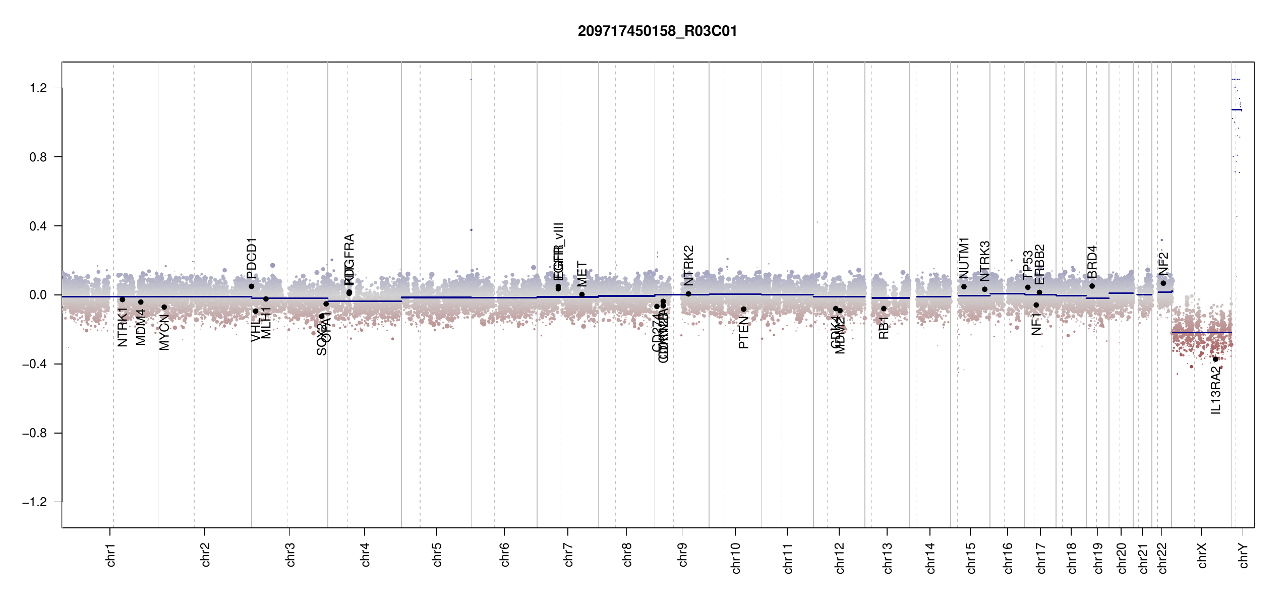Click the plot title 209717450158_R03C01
click(657, 31)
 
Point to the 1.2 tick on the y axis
click(38, 88)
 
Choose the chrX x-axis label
click(1202, 555)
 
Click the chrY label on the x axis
click(1244, 555)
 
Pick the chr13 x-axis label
click(888, 558)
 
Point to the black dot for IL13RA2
click(1215, 359)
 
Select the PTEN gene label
click(743, 333)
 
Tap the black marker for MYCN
click(164, 307)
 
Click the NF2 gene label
click(1163, 264)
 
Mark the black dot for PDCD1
click(252, 286)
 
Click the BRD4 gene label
click(1092, 262)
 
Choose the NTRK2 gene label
click(689, 266)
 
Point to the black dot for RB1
click(884, 309)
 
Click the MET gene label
click(582, 274)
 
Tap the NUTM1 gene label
click(964, 258)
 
